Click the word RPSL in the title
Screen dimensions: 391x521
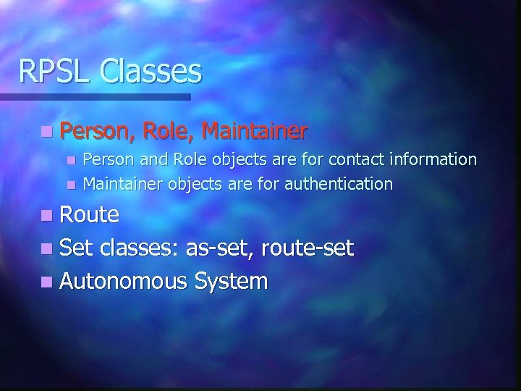click(x=56, y=71)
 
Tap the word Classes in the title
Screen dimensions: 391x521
click(x=152, y=71)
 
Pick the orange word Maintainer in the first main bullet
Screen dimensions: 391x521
click(x=255, y=132)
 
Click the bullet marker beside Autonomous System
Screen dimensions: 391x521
click(x=47, y=282)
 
